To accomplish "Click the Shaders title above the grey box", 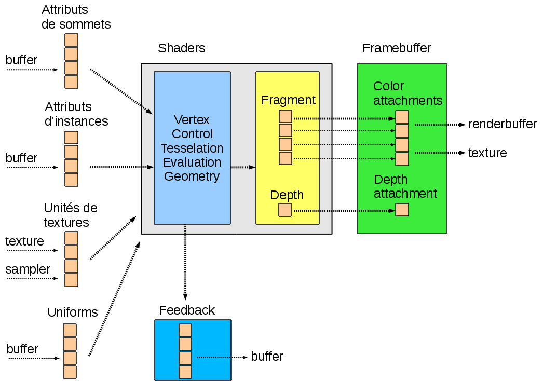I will [x=182, y=48].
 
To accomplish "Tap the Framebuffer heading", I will [x=397, y=48].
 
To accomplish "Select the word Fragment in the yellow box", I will [x=288, y=100].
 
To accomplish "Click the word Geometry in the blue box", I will [x=192, y=176].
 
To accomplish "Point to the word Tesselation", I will [x=192, y=148].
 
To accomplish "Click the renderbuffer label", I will [x=502, y=124].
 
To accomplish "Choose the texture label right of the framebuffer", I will [x=487, y=153].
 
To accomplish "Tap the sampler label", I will [x=28, y=269].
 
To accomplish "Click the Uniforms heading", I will [x=73, y=312].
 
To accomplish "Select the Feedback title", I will [x=187, y=310].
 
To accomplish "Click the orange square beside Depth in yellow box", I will [x=285, y=210].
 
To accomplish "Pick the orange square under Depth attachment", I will [x=402, y=210].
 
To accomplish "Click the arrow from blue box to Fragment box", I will [x=243, y=167].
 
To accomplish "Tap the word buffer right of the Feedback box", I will [x=267, y=357].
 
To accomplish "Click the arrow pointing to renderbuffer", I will [x=440, y=125].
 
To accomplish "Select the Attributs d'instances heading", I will [x=76, y=114].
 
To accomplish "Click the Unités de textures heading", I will [x=71, y=215].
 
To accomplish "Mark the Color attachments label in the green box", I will [x=408, y=93].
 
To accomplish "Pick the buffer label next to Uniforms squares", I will [x=23, y=349].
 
